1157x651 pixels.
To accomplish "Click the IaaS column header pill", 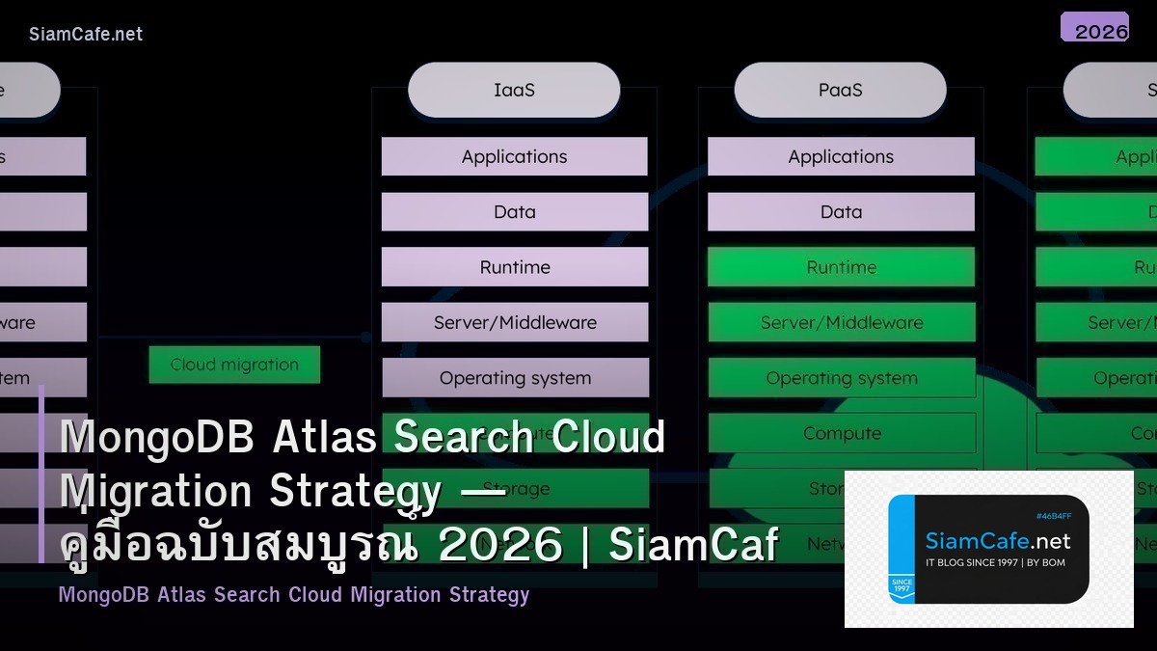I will pyautogui.click(x=514, y=91).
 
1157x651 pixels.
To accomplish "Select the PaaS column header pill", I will pyautogui.click(x=840, y=91).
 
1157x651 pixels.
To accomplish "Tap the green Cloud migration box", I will pyautogui.click(x=234, y=365).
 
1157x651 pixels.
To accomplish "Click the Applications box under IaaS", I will pyautogui.click(x=514, y=156).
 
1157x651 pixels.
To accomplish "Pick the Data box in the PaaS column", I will pyautogui.click(x=841, y=212).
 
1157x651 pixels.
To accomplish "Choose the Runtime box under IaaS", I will pyautogui.click(x=514, y=267).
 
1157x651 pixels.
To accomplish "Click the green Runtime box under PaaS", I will pyautogui.click(x=841, y=267).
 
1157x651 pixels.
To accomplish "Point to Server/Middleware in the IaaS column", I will pyautogui.click(x=514, y=323).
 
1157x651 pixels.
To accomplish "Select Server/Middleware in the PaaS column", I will pyautogui.click(x=841, y=323).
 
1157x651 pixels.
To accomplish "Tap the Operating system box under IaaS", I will pyautogui.click(x=514, y=378).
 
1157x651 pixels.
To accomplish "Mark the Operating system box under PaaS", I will pyautogui.click(x=841, y=378).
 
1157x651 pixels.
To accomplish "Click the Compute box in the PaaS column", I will pyautogui.click(x=841, y=434).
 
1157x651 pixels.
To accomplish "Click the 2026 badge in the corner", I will pyautogui.click(x=1095, y=28).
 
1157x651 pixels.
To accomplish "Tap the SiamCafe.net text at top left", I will pyautogui.click(x=86, y=34).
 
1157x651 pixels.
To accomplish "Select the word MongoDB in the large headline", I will pyautogui.click(x=157, y=438).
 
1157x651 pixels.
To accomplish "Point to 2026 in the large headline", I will pyautogui.click(x=499, y=545).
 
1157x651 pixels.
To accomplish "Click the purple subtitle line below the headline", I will pyautogui.click(x=294, y=594).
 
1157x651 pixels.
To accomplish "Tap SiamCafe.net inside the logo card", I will pyautogui.click(x=997, y=541).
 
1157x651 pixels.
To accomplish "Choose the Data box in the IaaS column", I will pyautogui.click(x=514, y=212).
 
